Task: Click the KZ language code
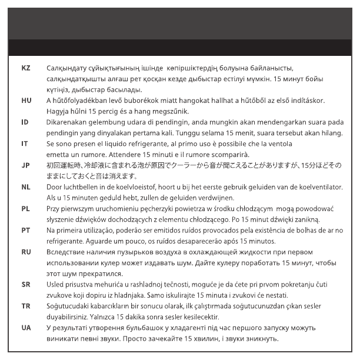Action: tap(26, 69)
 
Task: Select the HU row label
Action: tap(26, 101)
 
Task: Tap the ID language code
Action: tap(25, 122)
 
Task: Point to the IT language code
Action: tap(25, 143)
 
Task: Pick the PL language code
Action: tap(25, 208)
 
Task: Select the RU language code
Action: tap(26, 251)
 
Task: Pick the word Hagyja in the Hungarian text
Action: tap(58, 111)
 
